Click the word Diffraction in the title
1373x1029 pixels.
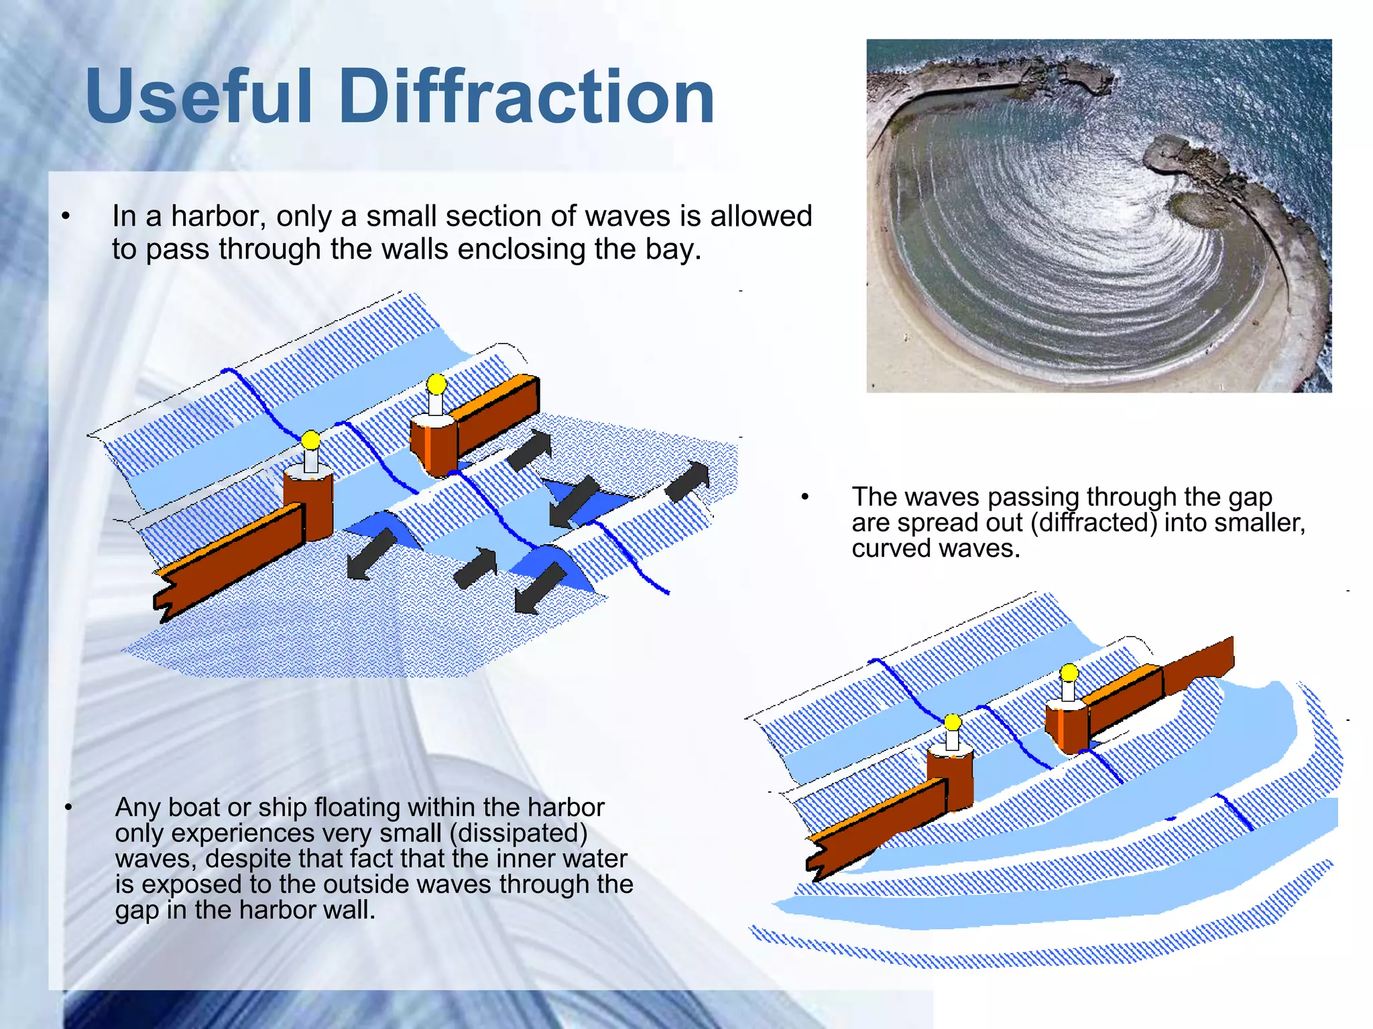(x=526, y=97)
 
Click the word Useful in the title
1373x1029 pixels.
(x=198, y=97)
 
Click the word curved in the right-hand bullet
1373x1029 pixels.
(x=890, y=549)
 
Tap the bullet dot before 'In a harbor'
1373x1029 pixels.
(x=66, y=216)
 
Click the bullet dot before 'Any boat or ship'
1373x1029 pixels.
(x=68, y=808)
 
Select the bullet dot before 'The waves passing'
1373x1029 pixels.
(x=805, y=497)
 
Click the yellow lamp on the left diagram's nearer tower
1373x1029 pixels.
(x=310, y=440)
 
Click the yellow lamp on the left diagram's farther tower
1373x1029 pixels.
(x=436, y=384)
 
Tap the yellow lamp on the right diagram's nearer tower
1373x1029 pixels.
(x=953, y=722)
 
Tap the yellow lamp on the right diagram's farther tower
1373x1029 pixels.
(x=1069, y=672)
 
